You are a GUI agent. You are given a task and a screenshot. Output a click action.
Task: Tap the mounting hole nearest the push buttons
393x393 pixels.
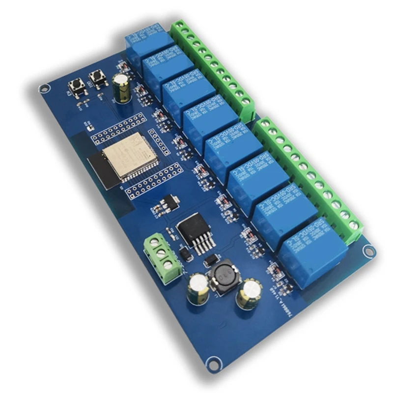click(44, 89)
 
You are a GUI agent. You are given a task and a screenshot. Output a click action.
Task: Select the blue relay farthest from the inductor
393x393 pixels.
click(148, 41)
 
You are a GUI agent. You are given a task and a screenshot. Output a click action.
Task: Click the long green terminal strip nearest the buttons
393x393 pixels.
click(213, 69)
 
